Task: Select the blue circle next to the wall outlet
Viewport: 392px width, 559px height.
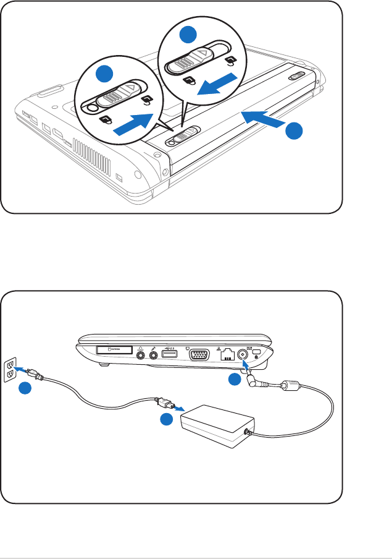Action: pyautogui.click(x=24, y=390)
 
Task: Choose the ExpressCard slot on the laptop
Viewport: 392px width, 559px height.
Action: pyautogui.click(x=114, y=351)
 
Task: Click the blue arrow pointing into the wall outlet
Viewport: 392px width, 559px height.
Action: pyautogui.click(x=23, y=371)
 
